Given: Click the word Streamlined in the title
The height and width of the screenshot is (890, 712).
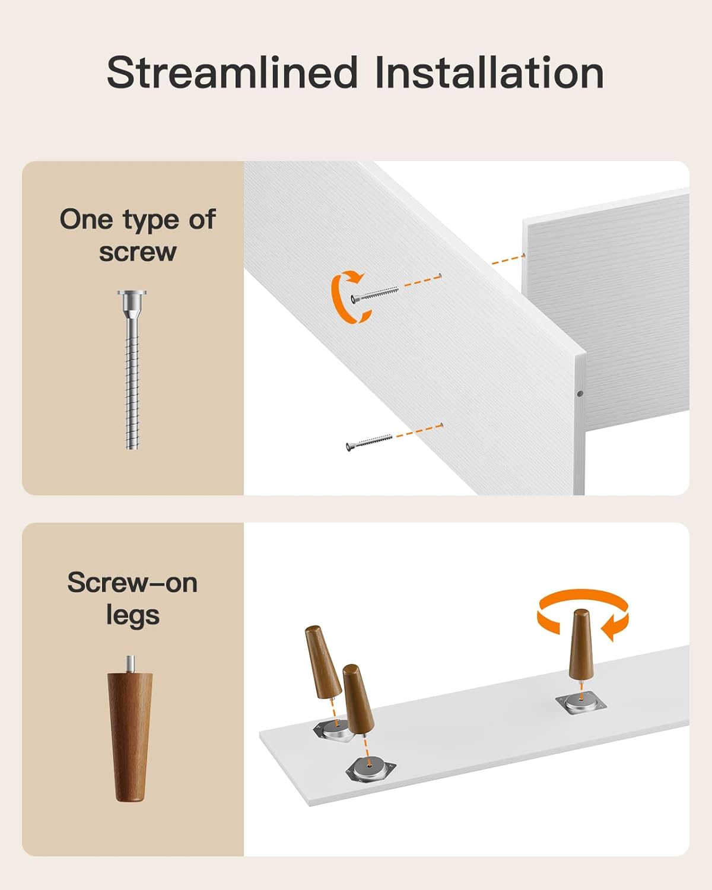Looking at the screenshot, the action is tap(231, 73).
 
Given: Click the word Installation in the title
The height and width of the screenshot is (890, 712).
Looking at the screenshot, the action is tap(490, 73).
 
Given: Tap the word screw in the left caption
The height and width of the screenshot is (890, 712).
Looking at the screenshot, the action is tap(138, 252).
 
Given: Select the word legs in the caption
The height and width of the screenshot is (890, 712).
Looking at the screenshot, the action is tap(132, 616).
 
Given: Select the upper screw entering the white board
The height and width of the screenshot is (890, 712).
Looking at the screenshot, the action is tap(374, 293).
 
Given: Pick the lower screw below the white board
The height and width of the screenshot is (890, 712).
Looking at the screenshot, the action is tap(368, 442).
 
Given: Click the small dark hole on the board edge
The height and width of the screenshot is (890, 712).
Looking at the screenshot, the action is tap(580, 394).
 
